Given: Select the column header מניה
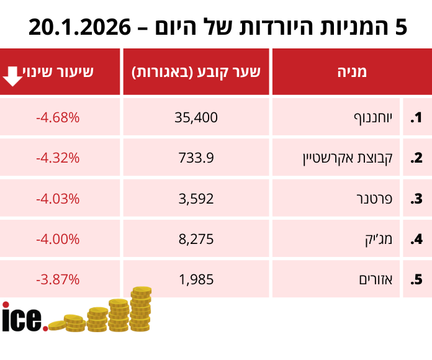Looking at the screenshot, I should [x=351, y=72].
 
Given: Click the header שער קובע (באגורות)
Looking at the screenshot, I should [x=196, y=72].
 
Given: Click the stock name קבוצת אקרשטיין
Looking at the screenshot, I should [x=347, y=158].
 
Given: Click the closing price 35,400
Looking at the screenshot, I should [x=197, y=117].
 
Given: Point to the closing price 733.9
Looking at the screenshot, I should [x=197, y=158].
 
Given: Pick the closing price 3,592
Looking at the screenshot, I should [x=197, y=199].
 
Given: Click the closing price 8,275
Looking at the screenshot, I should [x=197, y=239].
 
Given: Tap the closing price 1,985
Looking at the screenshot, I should [x=197, y=279].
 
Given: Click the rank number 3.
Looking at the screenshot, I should [x=416, y=199].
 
